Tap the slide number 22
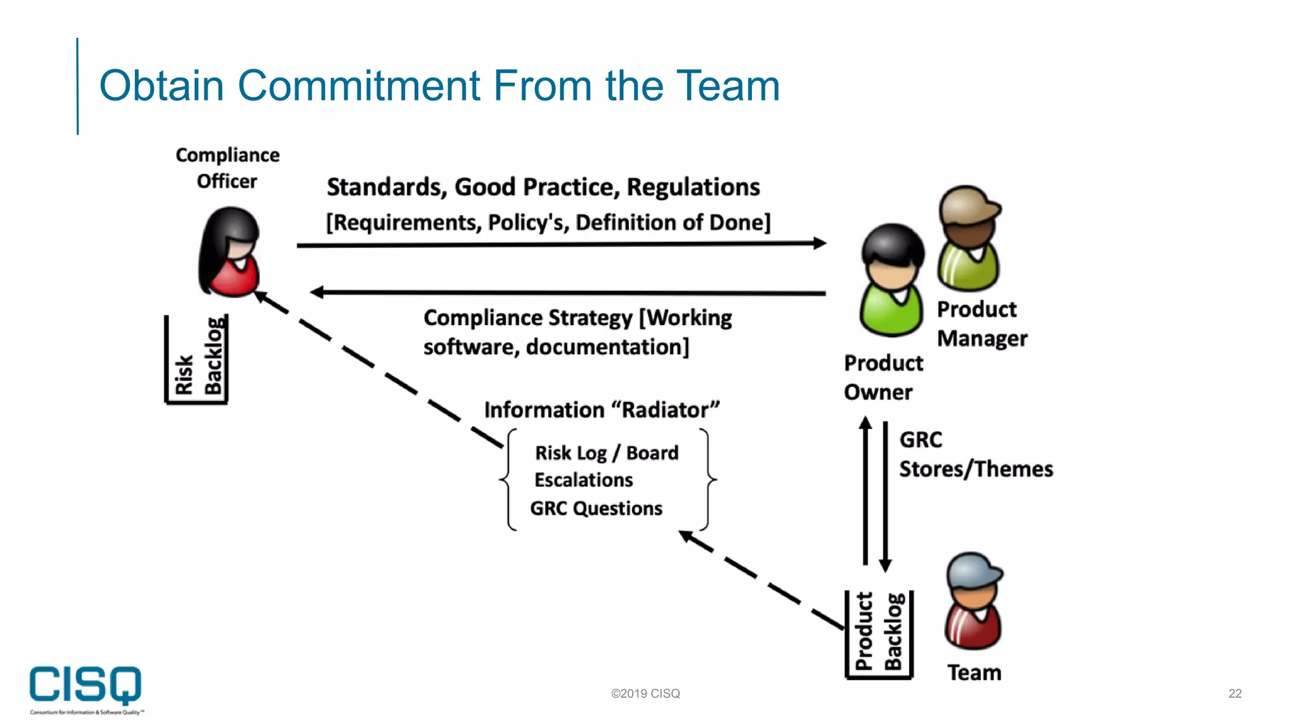[1235, 694]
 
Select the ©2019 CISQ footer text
[645, 694]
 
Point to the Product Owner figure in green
[891, 281]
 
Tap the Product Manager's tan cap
[967, 203]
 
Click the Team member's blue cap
[973, 569]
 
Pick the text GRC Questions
[596, 509]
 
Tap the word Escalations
[584, 480]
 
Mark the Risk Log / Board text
[606, 453]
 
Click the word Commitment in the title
[358, 86]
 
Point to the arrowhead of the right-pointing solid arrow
[819, 243]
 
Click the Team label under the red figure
[974, 673]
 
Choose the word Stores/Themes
[976, 470]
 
